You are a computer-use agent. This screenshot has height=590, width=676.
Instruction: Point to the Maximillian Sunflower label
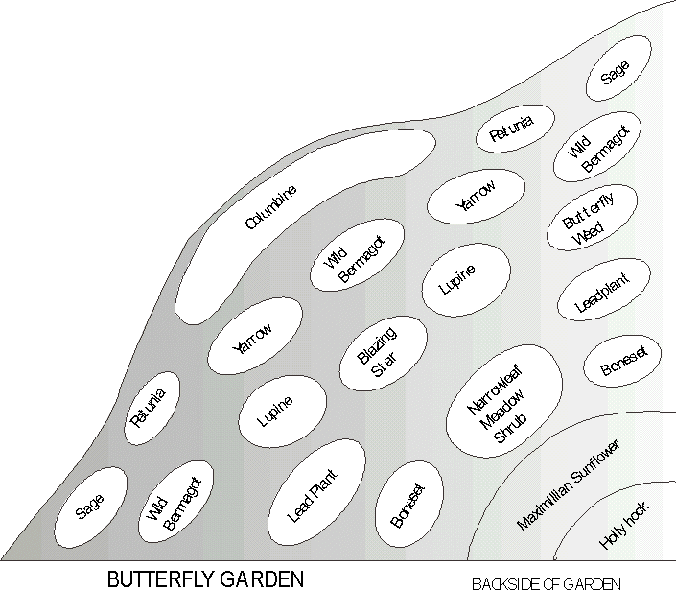[569, 485]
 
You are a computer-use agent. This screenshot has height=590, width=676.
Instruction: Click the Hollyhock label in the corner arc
[624, 526]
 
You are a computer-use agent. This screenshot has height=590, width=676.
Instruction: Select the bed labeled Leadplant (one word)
[605, 293]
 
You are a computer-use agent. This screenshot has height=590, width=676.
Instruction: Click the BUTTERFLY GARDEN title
[206, 578]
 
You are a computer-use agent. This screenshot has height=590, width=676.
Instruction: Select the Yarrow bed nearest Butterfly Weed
[476, 196]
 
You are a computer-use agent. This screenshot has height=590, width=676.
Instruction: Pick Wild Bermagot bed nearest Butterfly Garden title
[174, 502]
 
